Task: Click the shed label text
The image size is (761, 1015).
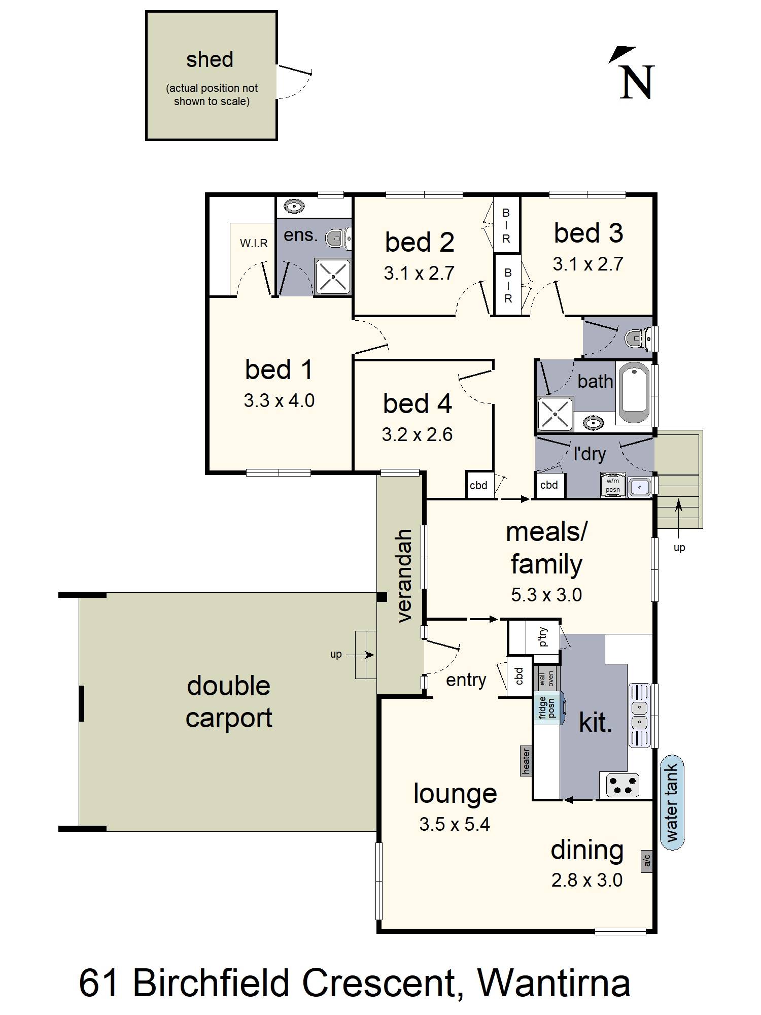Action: pyautogui.click(x=210, y=60)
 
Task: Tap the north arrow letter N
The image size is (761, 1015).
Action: pyautogui.click(x=637, y=82)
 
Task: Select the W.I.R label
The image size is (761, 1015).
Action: pyautogui.click(x=254, y=244)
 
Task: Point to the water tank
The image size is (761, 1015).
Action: pyautogui.click(x=672, y=803)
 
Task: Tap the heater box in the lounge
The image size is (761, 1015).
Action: pyautogui.click(x=526, y=761)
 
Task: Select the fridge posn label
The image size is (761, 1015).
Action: pyautogui.click(x=547, y=707)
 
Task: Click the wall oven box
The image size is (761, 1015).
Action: pyautogui.click(x=547, y=678)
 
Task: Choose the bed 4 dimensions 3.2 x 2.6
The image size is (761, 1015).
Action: pyautogui.click(x=417, y=434)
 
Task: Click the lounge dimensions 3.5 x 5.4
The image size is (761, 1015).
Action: pyautogui.click(x=455, y=824)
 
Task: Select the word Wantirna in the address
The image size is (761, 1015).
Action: pyautogui.click(x=554, y=983)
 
